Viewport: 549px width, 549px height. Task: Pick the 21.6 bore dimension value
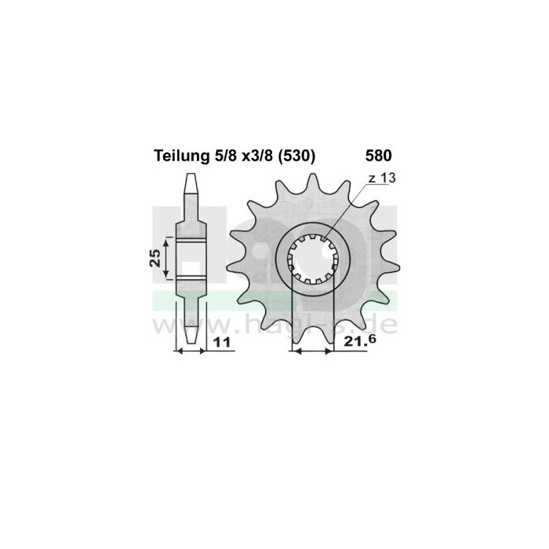[x=359, y=343]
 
